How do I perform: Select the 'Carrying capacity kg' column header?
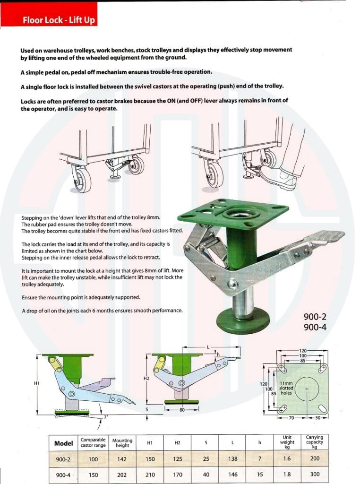[x=315, y=442]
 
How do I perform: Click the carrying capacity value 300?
[x=315, y=474]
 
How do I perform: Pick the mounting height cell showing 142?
[x=121, y=458]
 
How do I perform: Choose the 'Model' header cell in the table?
[x=64, y=443]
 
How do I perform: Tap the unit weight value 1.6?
[x=287, y=458]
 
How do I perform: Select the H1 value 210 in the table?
[x=150, y=475]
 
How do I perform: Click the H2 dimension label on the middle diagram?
[x=146, y=379]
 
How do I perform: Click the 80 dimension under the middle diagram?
[x=181, y=410]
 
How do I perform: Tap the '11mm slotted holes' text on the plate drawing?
[x=286, y=388]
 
